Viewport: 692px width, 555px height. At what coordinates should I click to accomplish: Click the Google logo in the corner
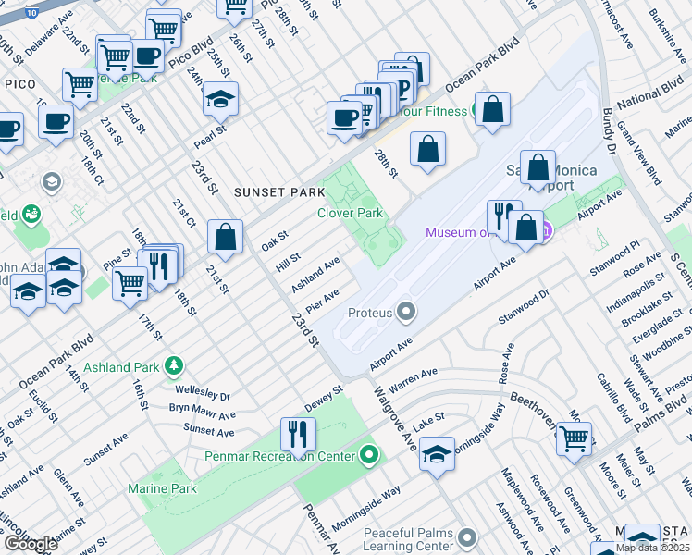[30, 544]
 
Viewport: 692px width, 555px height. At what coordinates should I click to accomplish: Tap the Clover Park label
[350, 213]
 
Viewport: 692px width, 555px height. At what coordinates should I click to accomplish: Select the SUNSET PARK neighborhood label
[279, 192]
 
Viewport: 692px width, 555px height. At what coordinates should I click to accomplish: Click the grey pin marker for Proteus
[405, 312]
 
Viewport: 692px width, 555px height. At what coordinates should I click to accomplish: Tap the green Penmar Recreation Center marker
[369, 455]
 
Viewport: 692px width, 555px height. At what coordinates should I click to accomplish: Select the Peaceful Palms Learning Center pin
[467, 537]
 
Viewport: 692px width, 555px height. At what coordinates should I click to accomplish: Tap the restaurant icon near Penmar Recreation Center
[298, 434]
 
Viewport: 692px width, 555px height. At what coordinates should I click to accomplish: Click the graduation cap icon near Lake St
[437, 454]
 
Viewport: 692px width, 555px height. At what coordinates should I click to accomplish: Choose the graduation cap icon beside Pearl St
[221, 99]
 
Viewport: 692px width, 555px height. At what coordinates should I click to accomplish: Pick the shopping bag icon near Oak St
[226, 238]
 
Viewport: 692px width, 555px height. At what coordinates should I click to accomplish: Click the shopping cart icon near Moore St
[574, 438]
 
